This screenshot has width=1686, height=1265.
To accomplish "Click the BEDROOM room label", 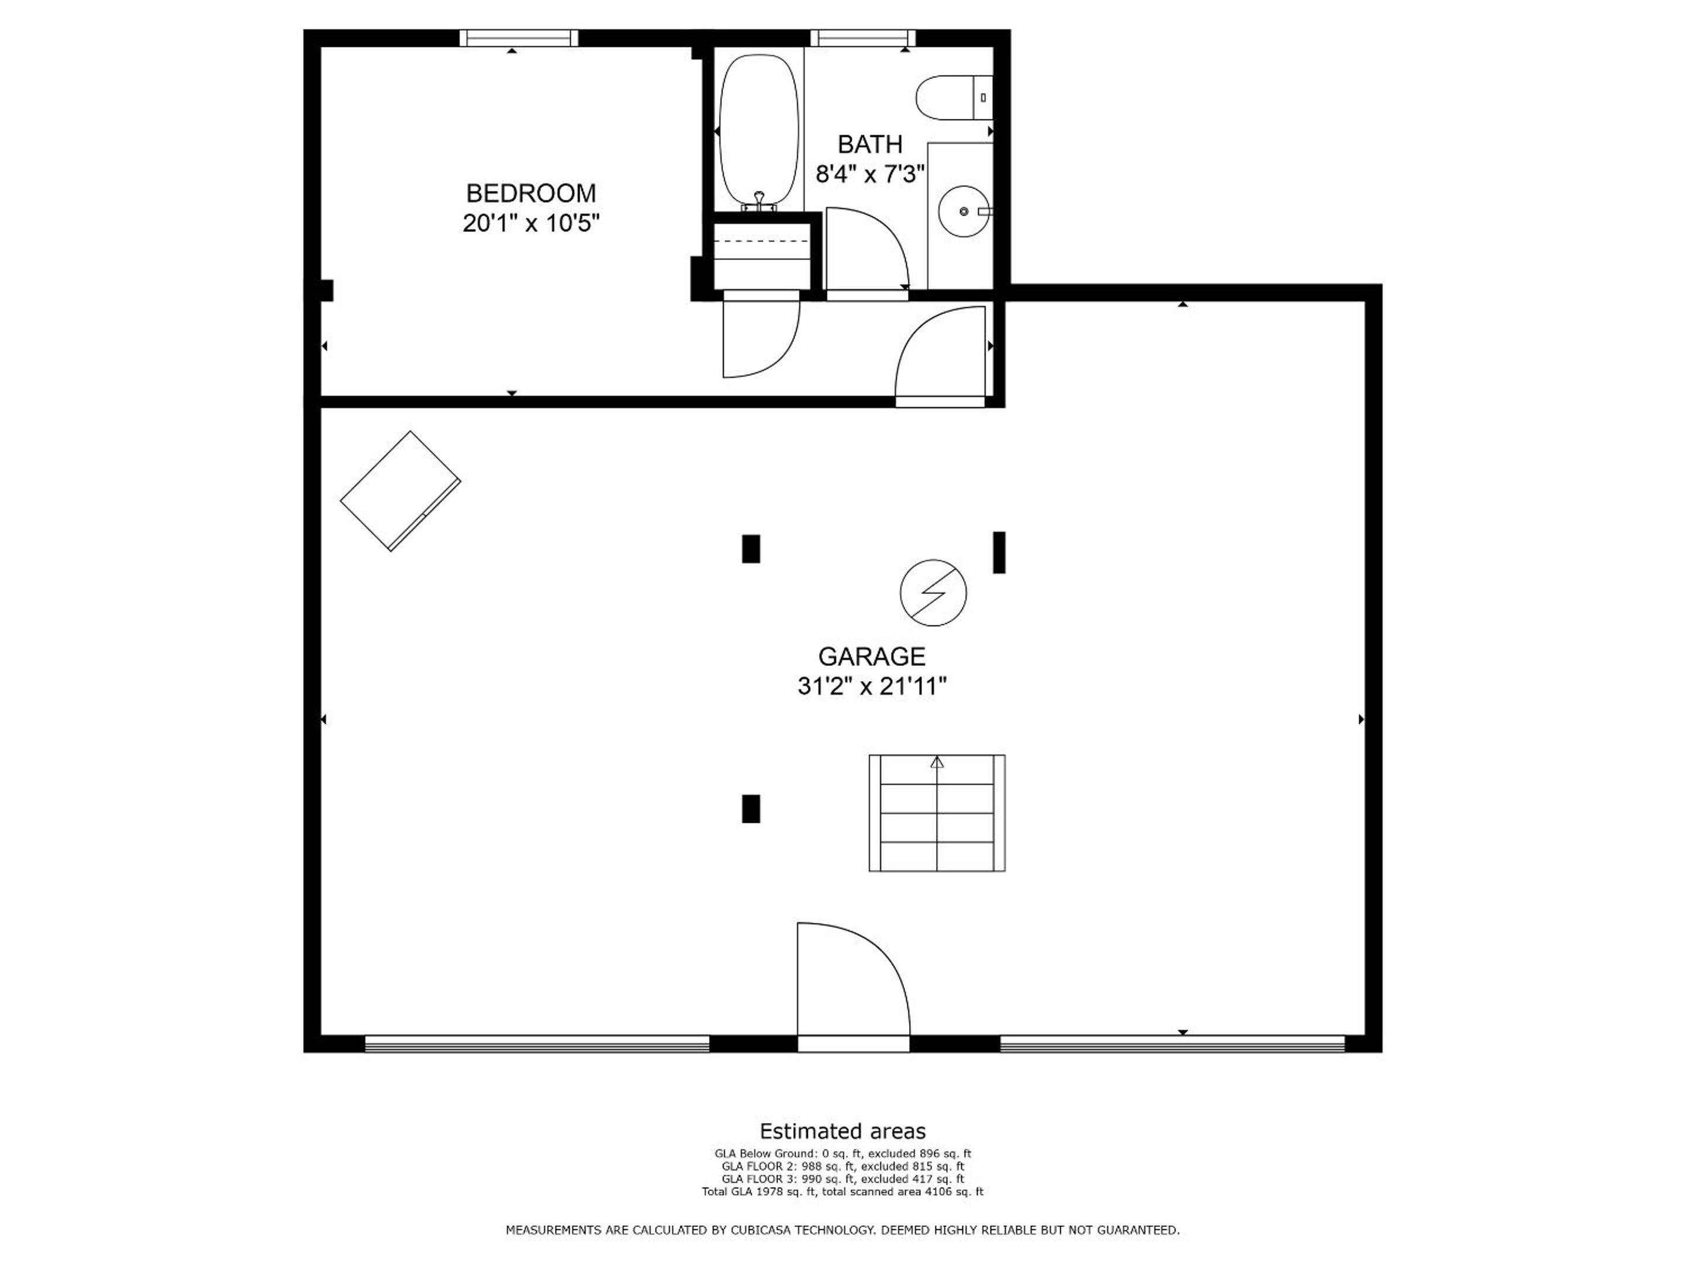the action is pyautogui.click(x=531, y=193).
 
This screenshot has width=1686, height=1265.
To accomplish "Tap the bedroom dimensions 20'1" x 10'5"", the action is pyautogui.click(x=531, y=223).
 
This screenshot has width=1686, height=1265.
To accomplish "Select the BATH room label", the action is pyautogui.click(x=870, y=144).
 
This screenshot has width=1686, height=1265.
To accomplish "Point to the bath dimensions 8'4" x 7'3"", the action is pyautogui.click(x=870, y=175).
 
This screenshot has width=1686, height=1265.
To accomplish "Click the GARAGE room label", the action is pyautogui.click(x=872, y=657).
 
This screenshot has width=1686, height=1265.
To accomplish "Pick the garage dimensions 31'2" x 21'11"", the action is pyautogui.click(x=872, y=687).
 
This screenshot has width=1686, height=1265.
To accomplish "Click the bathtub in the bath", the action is pyautogui.click(x=759, y=132).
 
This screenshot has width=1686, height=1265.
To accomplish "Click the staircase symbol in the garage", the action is pyautogui.click(x=937, y=813).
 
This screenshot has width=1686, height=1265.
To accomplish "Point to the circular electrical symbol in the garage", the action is pyautogui.click(x=933, y=593).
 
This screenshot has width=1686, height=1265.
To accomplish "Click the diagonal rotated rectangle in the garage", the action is pyautogui.click(x=400, y=491).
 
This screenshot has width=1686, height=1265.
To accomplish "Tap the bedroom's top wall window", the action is pyautogui.click(x=519, y=38).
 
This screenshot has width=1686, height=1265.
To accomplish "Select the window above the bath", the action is pyautogui.click(x=863, y=38).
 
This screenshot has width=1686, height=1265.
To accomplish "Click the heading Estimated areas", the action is pyautogui.click(x=843, y=1131).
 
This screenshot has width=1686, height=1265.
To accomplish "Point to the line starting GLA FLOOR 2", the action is pyautogui.click(x=843, y=1167).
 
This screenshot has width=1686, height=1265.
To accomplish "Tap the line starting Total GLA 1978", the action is pyautogui.click(x=843, y=1191).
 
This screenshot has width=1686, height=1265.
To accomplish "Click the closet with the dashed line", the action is pyautogui.click(x=762, y=256).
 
